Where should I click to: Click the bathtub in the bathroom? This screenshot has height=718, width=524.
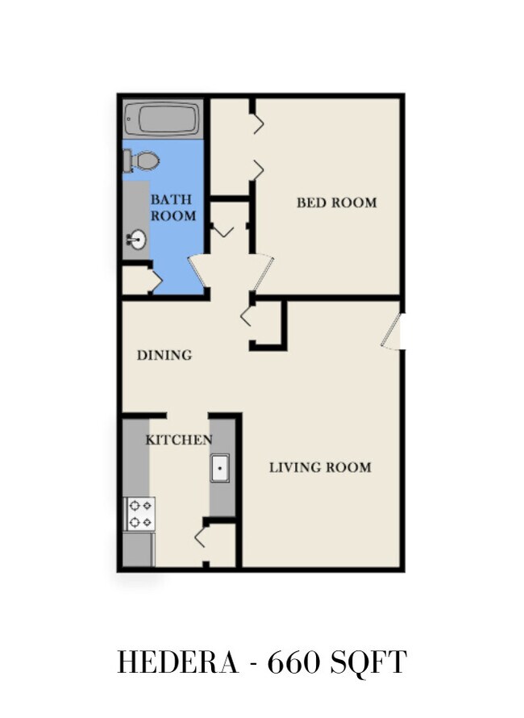pos(163,119)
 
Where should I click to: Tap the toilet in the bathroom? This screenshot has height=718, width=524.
pos(141,161)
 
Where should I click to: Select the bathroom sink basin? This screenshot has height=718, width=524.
pos(136,239)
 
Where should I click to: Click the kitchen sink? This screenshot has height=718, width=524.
pos(220,468)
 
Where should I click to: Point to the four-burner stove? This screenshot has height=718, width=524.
pos(139,514)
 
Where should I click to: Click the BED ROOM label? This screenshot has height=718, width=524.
pos(337,202)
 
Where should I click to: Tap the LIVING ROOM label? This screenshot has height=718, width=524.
pos(320,467)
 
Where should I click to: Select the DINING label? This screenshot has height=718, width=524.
pos(164,355)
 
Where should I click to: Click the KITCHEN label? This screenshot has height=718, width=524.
pos(179,440)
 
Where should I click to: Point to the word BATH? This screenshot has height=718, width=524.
pos(171,199)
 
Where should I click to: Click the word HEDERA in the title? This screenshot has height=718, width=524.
pos(178,662)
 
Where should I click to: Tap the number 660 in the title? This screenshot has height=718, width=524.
pos(293,662)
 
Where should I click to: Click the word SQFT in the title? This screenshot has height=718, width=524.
pos(367,662)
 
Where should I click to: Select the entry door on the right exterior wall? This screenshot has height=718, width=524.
pos(392,332)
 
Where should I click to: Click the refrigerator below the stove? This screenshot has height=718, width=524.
pos(139,549)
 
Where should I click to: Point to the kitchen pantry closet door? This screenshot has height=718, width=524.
pos(202,536)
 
